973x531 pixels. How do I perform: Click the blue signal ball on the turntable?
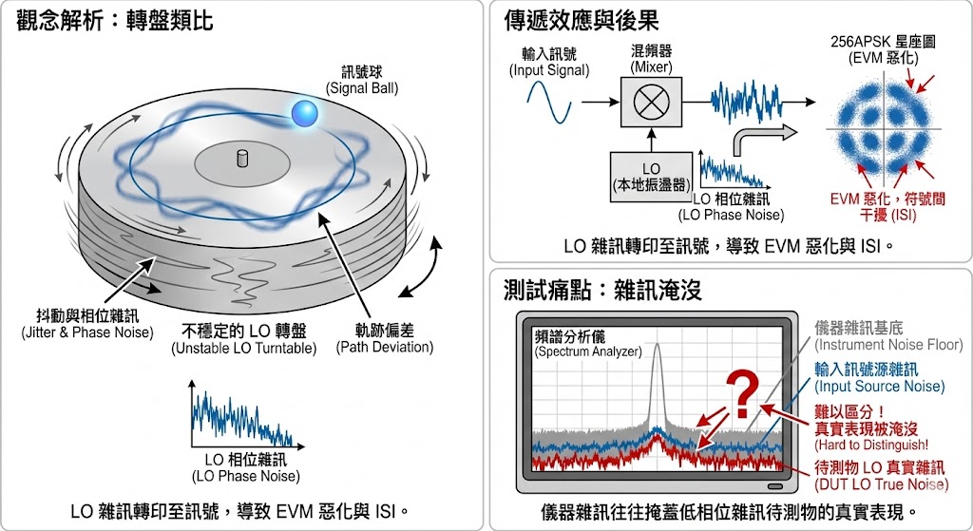(x=305, y=113)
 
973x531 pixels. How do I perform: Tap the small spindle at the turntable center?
(x=239, y=157)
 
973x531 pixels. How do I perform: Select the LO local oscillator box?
(x=650, y=176)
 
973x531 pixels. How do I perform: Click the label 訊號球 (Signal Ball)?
(x=362, y=80)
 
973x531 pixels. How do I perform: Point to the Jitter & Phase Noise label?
(x=86, y=325)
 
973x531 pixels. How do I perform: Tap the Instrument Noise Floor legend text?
(x=888, y=335)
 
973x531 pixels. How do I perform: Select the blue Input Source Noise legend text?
(x=879, y=377)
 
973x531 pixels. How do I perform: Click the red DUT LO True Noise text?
(x=881, y=476)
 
